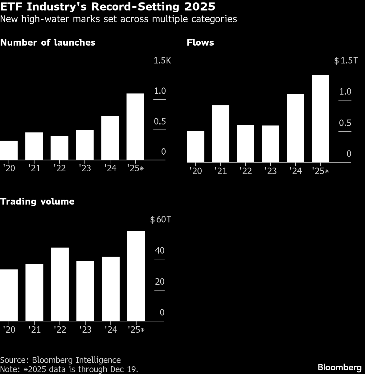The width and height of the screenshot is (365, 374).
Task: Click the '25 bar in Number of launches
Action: coord(135,127)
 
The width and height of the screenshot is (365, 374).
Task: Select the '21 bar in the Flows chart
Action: coord(220,134)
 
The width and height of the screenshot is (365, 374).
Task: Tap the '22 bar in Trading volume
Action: coord(60,284)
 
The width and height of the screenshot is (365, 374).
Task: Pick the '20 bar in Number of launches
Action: coord(9,150)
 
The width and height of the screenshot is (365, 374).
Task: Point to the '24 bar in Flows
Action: coord(295,128)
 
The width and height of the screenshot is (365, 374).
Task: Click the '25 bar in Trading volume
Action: coord(136,276)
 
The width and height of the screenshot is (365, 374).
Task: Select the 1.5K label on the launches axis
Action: coord(162,60)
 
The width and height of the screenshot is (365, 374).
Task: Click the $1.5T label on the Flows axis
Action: coord(346,60)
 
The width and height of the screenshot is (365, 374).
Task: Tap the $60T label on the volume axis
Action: coord(160,219)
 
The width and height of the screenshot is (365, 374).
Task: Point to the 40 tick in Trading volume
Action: coord(160,250)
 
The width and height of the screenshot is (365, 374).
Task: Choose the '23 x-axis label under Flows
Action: coord(270,171)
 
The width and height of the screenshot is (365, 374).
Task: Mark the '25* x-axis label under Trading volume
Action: coord(136,330)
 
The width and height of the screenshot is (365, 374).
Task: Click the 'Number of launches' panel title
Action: coord(48,43)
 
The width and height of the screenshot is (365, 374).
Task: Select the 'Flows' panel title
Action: coord(200,43)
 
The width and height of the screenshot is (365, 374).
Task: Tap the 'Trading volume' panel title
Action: coord(37,201)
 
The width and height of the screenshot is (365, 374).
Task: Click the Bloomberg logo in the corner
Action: coord(339,367)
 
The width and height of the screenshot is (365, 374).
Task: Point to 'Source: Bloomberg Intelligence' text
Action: coord(60,360)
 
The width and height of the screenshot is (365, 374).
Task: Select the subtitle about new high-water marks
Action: coord(118,19)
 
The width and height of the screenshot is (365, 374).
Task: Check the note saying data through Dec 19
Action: coord(69,369)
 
